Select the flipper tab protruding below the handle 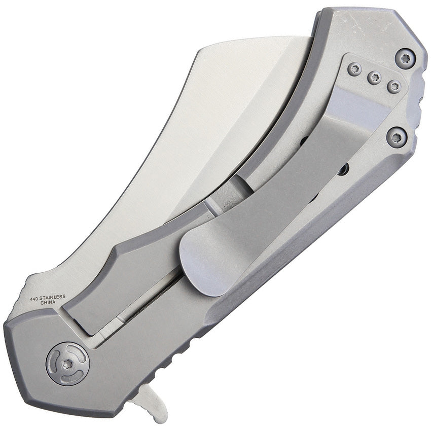(149, 405)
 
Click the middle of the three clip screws (374, 78)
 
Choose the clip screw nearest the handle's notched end (394, 86)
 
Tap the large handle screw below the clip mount (396, 136)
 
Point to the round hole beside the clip (343, 169)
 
